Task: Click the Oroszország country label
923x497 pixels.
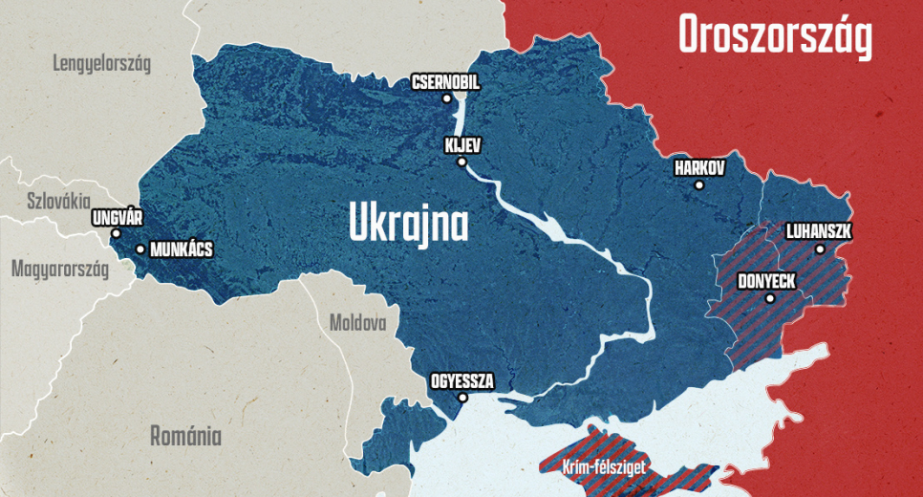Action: (775, 36)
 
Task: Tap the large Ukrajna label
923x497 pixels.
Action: (408, 224)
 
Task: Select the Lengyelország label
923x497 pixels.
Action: (102, 65)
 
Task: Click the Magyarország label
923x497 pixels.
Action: (59, 269)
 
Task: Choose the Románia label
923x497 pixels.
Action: (185, 437)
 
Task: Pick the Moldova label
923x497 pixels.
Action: (357, 322)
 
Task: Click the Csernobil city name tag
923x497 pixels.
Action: (445, 83)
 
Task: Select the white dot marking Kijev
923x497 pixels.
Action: (461, 162)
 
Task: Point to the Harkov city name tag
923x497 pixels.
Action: (699, 168)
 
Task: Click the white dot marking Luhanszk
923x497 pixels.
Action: (820, 249)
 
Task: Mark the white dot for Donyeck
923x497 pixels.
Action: (769, 298)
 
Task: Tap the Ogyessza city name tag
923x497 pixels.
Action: (462, 381)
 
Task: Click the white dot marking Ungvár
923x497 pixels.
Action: (116, 233)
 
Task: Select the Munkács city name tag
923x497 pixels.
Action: (182, 250)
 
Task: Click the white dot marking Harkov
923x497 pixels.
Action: (699, 184)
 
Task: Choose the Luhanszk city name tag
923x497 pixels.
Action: (818, 232)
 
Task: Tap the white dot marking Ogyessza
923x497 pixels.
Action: (462, 398)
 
